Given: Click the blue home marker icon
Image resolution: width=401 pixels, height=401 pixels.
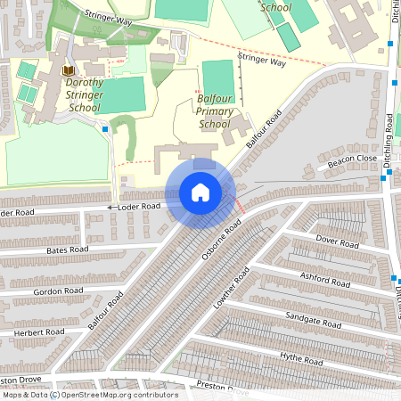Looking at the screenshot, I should pos(200,192).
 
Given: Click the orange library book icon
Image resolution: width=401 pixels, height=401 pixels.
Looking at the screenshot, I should pos(70,70).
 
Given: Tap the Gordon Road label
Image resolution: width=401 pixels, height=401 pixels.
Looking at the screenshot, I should pos(58,291).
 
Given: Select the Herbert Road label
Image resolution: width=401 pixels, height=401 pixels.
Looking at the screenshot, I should pos(39,332).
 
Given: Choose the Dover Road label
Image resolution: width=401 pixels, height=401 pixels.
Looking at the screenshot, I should pos(338,241).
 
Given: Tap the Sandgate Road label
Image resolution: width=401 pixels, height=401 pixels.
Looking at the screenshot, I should pos(307,317).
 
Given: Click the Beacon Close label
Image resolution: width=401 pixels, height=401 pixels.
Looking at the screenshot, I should pos(352,160).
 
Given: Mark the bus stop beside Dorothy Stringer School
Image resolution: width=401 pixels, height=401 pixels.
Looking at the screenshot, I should pos(106,129).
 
